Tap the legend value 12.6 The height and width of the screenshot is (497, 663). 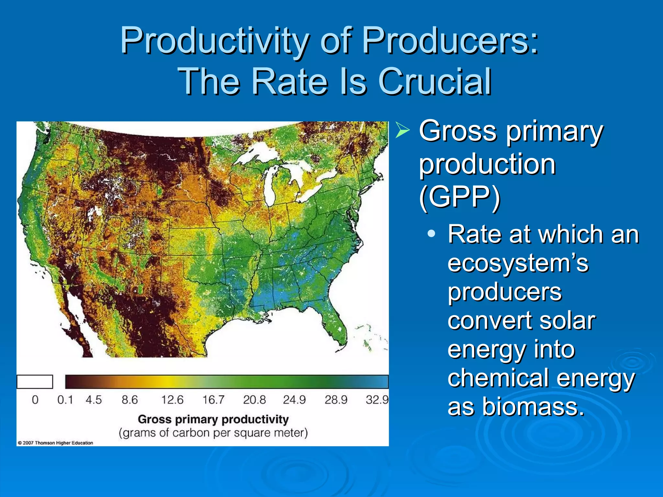point(172,400)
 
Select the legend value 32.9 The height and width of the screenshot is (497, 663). point(377,400)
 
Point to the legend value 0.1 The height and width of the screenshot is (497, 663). point(65,400)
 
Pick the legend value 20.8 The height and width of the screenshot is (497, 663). point(254,400)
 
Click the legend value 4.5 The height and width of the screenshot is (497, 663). point(94,400)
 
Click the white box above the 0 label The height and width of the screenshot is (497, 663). point(35,381)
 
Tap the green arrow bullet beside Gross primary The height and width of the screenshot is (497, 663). point(402,131)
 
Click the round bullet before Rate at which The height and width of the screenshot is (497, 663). point(431,234)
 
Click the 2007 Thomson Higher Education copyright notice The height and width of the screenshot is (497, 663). point(55,443)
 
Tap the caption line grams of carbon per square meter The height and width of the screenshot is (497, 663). point(213,433)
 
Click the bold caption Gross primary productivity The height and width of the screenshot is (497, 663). point(213,419)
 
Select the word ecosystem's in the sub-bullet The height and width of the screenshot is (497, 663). point(518,263)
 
